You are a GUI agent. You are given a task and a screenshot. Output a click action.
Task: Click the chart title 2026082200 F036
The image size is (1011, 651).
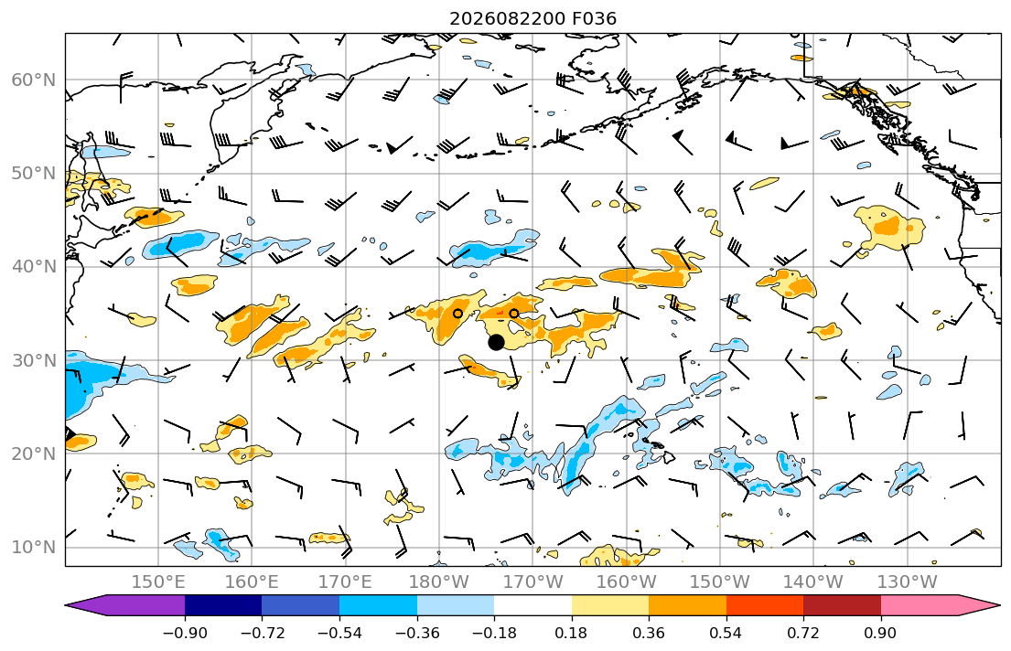pos(532,18)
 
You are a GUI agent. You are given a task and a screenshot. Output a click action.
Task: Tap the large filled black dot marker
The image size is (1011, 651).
pos(496,342)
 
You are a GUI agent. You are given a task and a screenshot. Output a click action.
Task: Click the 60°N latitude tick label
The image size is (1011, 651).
pos(34,80)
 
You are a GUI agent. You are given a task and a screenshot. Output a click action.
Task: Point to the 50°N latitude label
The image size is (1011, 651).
pos(34,174)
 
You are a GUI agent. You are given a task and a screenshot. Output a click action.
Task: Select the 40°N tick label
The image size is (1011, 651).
pos(34,267)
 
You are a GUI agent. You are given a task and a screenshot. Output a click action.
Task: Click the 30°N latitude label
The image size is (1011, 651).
pos(34,360)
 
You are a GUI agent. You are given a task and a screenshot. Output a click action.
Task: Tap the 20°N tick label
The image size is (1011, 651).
pos(34,454)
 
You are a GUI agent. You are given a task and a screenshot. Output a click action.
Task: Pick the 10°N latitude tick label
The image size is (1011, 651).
pos(34,548)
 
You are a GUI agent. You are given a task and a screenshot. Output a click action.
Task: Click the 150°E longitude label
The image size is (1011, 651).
pos(158,582)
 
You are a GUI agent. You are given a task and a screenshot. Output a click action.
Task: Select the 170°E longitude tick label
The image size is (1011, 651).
pos(346,582)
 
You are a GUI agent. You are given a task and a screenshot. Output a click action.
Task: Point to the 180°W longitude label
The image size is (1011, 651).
pos(439,582)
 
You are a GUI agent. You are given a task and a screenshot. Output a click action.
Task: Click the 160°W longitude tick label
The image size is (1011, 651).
pos(627,582)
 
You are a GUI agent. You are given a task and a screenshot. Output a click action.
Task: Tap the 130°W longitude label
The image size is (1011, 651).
pos(908,582)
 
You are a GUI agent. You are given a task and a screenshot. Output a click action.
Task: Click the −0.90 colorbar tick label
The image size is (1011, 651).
pos(185,633)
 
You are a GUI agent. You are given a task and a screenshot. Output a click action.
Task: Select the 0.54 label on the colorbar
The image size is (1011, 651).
pos(726,633)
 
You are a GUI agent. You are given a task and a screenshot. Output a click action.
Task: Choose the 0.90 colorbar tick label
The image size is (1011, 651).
pos(881,633)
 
